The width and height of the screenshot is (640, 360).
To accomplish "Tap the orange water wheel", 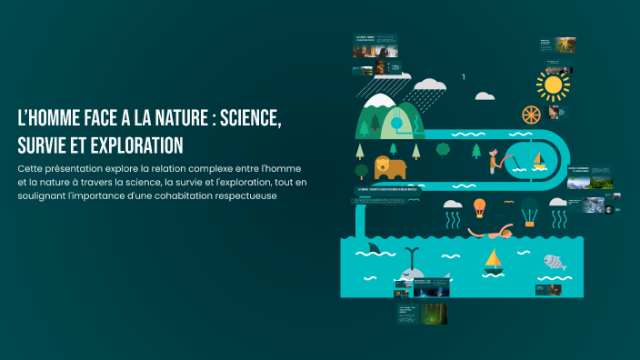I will [x=532, y=115].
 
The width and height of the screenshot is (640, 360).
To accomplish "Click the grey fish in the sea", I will [x=555, y=262].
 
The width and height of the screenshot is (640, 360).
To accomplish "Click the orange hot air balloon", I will [x=479, y=207].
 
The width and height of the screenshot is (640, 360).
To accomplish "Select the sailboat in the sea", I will [x=494, y=261].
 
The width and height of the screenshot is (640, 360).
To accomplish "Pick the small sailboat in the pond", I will [x=539, y=162].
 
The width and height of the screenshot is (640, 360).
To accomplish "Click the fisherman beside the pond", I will [x=496, y=161].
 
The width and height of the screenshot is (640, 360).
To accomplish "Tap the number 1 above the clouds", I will [x=464, y=77].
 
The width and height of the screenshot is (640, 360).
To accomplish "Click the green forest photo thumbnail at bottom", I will [x=433, y=313].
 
